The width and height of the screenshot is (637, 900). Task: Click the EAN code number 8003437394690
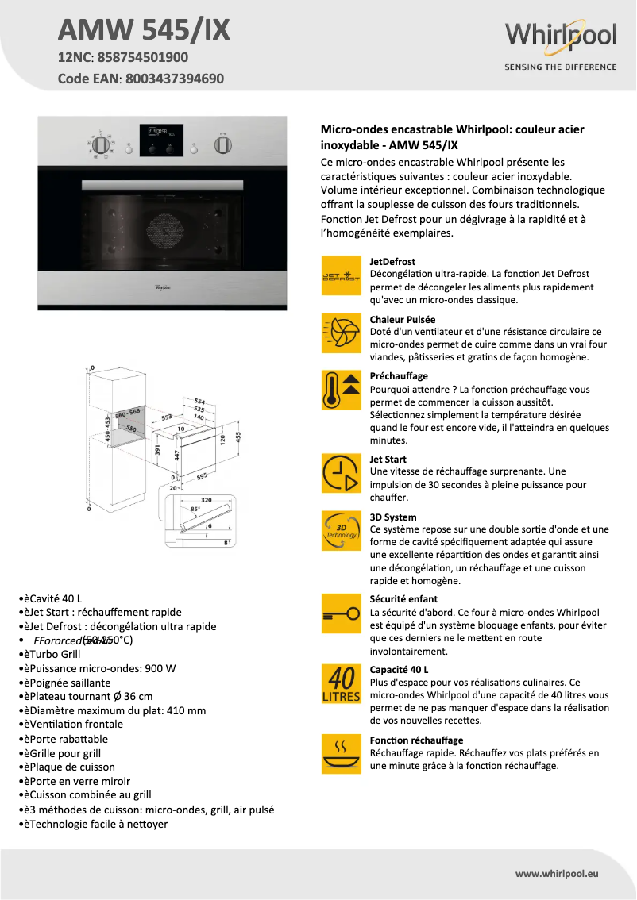[x=175, y=79]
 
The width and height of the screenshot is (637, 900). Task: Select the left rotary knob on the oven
[x=100, y=145]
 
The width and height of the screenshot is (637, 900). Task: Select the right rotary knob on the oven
[x=224, y=144]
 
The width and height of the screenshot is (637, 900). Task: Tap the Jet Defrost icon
[x=341, y=276]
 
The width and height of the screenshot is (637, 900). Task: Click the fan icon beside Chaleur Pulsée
[x=341, y=333]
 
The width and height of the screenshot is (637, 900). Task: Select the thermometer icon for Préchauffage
[x=341, y=390]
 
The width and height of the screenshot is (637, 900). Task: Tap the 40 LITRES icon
[x=341, y=683]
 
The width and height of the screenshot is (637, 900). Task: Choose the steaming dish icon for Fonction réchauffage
[x=341, y=753]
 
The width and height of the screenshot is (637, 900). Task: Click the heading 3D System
[x=393, y=517]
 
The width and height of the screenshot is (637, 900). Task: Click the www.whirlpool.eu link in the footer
[x=557, y=873]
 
